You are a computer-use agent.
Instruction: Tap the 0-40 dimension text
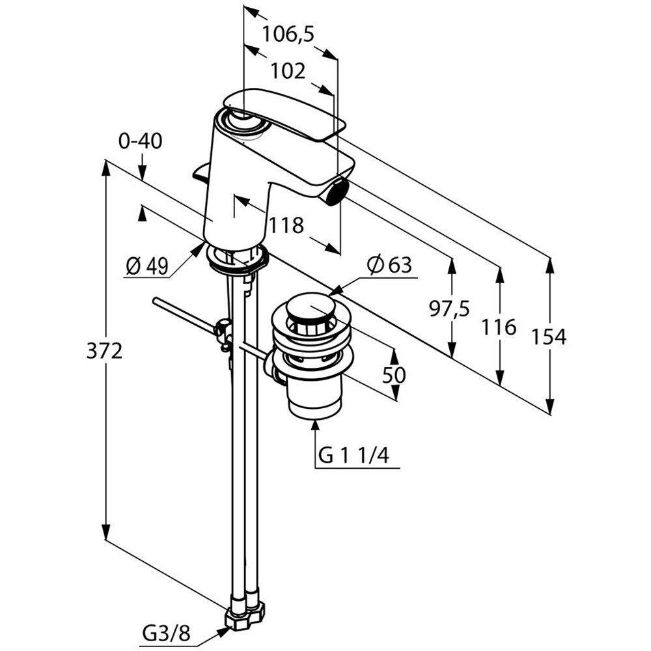pyautogui.click(x=141, y=141)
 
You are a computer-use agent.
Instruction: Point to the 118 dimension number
pyautogui.click(x=287, y=225)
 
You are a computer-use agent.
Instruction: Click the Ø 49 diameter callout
pyautogui.click(x=147, y=266)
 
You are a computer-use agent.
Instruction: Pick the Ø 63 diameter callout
pyautogui.click(x=389, y=265)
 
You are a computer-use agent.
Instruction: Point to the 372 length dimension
pyautogui.click(x=104, y=352)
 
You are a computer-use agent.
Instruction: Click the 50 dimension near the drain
pyautogui.click(x=394, y=375)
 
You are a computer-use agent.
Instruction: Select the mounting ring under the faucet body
pyautogui.click(x=237, y=256)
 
